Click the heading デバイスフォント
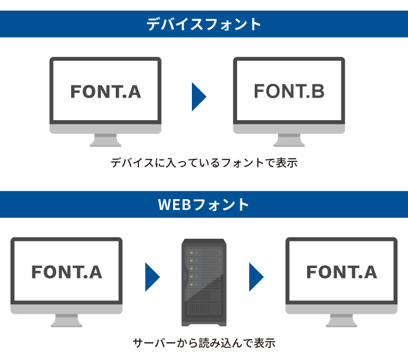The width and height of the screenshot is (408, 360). point(203,24)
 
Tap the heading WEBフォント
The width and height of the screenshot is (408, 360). point(203,205)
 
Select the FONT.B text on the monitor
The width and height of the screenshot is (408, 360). point(289,91)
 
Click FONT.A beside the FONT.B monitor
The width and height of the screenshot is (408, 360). point(105,92)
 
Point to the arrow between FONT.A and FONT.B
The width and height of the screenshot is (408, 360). point(198,96)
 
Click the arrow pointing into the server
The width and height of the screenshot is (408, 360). point(152,277)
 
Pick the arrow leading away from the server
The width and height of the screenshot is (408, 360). point(256,277)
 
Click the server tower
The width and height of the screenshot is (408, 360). point(203,282)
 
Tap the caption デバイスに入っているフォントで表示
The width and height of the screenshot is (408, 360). point(204,163)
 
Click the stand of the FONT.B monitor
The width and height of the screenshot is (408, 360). point(289,140)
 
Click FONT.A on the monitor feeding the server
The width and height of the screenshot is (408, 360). point(66,272)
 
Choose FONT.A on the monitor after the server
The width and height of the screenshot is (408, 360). point(341,272)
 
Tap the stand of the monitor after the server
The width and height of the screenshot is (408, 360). point(341,320)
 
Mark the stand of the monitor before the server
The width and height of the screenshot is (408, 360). point(66,320)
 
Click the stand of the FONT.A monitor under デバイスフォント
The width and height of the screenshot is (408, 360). point(105,140)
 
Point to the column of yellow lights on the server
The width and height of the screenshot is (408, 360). point(192,268)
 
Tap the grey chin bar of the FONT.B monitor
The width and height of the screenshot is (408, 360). point(289,128)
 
